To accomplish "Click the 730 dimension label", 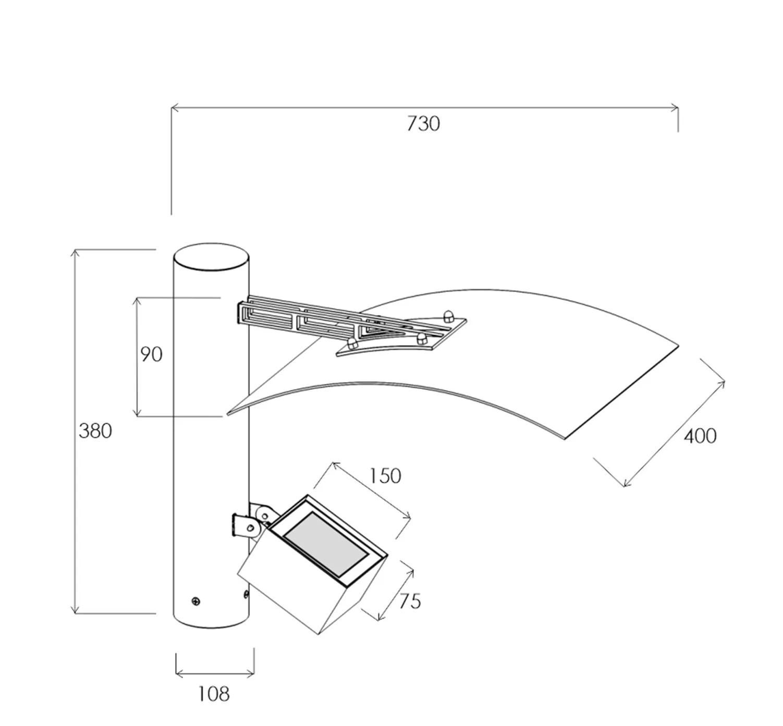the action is click(x=423, y=124).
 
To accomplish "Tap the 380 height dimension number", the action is click(x=95, y=430).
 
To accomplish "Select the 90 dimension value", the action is click(x=151, y=354).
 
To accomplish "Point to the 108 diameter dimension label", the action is click(x=213, y=694).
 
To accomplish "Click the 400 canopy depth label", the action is click(x=700, y=437).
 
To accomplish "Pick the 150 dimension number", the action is click(x=385, y=476).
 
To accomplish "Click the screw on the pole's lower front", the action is click(x=195, y=601).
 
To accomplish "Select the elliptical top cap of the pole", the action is click(x=211, y=257).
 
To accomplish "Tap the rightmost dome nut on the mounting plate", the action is click(x=447, y=316).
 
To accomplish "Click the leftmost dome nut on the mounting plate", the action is click(x=352, y=343).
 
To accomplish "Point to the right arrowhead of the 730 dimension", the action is click(x=675, y=107).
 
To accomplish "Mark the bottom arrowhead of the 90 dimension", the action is click(x=137, y=412).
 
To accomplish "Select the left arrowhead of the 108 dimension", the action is click(x=179, y=674).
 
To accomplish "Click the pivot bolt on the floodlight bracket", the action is click(x=250, y=527).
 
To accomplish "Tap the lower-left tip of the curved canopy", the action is click(x=228, y=414).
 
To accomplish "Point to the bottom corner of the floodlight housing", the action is click(x=319, y=634).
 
